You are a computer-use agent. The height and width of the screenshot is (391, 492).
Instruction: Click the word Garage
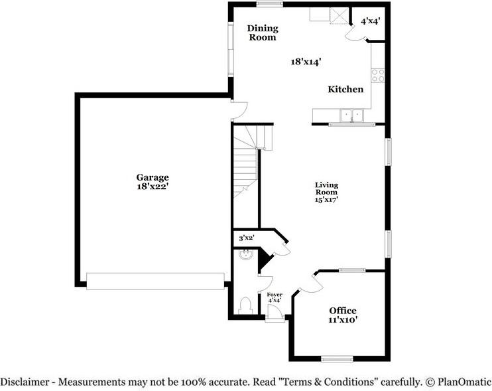tap(153, 177)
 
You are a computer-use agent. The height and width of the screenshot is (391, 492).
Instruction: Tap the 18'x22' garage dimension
tap(153, 187)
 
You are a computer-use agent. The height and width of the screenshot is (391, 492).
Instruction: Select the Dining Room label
tap(262, 33)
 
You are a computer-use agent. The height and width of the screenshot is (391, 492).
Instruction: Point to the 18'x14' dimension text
tap(306, 62)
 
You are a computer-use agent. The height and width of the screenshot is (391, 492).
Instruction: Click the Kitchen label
tap(345, 89)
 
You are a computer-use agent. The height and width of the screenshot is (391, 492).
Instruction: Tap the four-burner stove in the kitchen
tap(378, 76)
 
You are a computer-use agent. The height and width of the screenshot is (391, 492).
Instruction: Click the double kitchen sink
tap(351, 116)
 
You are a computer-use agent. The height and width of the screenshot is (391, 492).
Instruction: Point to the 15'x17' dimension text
tap(326, 198)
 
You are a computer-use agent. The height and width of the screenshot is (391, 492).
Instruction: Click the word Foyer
tap(275, 294)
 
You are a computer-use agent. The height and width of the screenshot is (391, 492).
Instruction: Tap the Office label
tap(343, 311)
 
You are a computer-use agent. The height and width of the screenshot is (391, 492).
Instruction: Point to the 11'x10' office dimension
tap(343, 320)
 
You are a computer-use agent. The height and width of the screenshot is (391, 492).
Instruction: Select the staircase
tap(247, 159)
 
